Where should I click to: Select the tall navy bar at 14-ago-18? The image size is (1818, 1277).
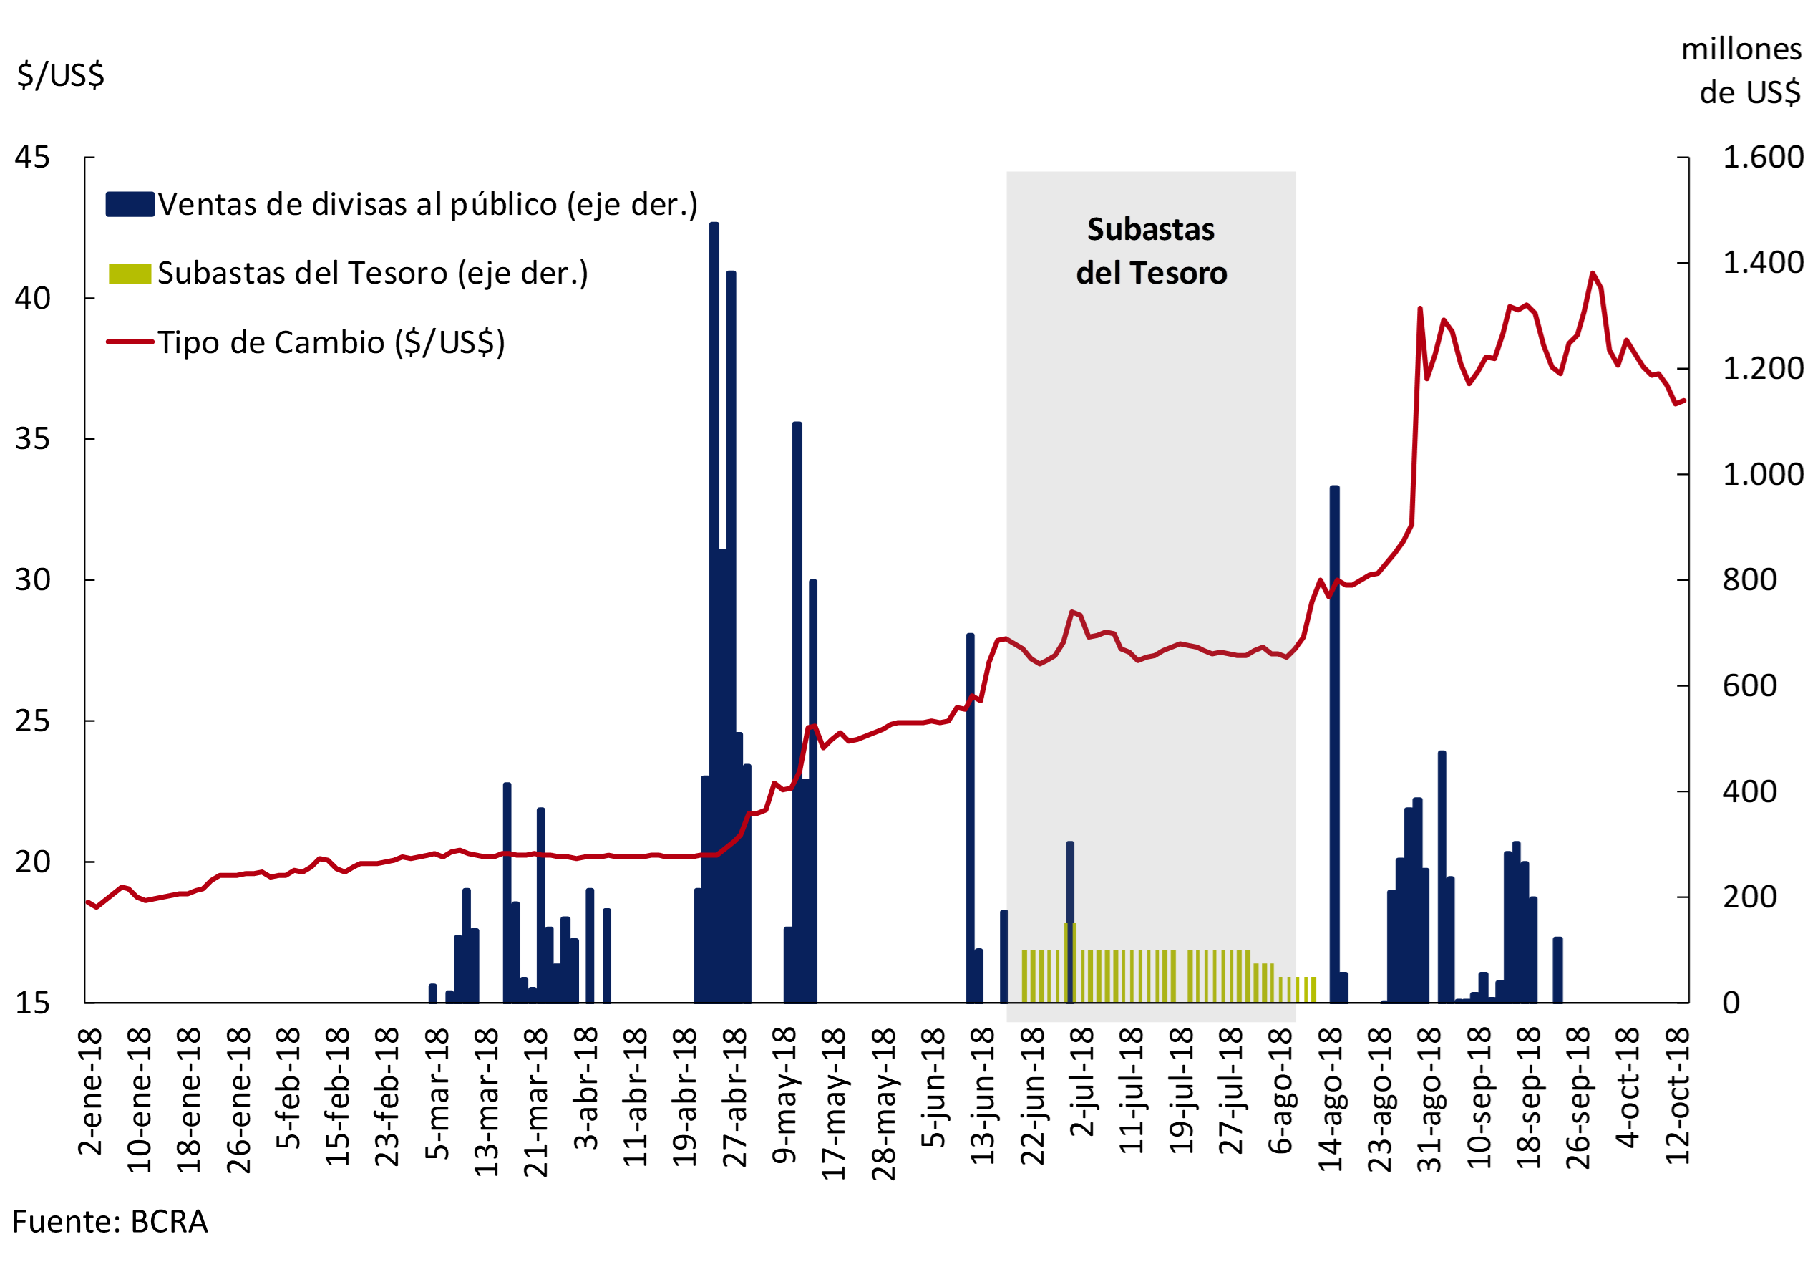pyautogui.click(x=1334, y=745)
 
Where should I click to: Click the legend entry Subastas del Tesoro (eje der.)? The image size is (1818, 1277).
pyautogui.click(x=372, y=274)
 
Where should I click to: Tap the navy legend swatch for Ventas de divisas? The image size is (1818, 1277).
pyautogui.click(x=130, y=204)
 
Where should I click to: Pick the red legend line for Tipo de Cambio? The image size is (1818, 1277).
pyautogui.click(x=130, y=342)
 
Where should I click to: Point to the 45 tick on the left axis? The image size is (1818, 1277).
pyautogui.click(x=32, y=158)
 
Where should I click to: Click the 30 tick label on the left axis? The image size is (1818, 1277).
pyautogui.click(x=32, y=580)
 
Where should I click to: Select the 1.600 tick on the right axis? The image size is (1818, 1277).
pyautogui.click(x=1763, y=158)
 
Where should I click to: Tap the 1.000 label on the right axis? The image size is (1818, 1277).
pyautogui.click(x=1763, y=475)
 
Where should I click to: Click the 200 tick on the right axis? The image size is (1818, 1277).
pyautogui.click(x=1749, y=897)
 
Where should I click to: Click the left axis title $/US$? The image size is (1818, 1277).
pyautogui.click(x=60, y=75)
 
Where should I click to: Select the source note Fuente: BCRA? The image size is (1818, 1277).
pyautogui.click(x=110, y=1222)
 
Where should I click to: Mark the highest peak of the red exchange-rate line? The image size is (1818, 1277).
pyautogui.click(x=1593, y=274)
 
